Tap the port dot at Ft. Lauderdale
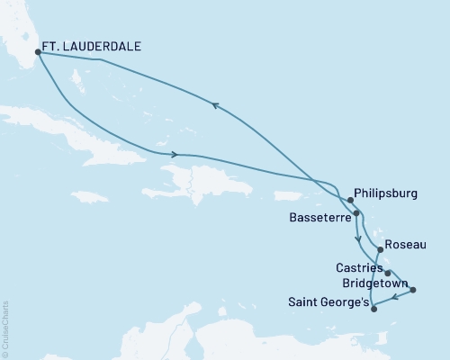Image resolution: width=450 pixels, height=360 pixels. click(x=37, y=51)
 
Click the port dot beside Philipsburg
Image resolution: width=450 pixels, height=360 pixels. click(x=349, y=199)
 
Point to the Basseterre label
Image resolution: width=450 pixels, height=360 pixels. click(x=320, y=217)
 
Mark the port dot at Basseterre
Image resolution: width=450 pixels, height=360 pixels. click(x=357, y=213)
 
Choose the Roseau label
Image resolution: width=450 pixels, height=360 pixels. click(x=401, y=244)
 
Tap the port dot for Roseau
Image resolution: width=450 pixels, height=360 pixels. click(x=379, y=249)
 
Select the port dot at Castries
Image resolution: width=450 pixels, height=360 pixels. click(x=388, y=272)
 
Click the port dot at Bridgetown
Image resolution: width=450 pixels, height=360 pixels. click(x=413, y=290)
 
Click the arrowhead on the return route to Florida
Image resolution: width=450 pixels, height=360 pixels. click(x=215, y=106)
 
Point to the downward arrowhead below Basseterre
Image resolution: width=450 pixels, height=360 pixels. click(x=359, y=239)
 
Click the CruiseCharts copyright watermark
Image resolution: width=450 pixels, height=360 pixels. click(x=5, y=328)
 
